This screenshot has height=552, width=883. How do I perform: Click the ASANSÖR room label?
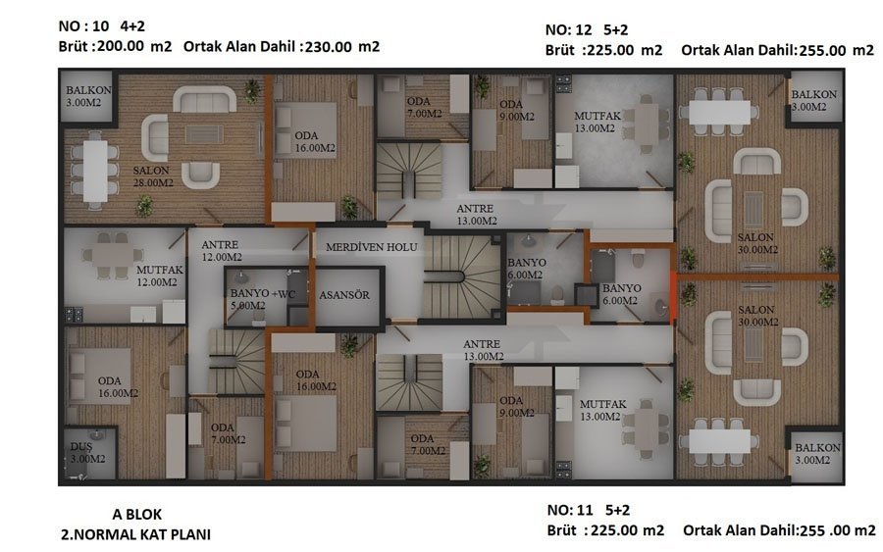(344, 295)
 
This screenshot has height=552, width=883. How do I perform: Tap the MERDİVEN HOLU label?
(372, 247)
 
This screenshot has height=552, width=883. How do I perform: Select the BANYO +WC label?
(263, 293)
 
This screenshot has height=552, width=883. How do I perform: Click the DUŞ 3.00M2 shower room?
(89, 453)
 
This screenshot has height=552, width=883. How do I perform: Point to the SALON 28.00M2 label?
(153, 176)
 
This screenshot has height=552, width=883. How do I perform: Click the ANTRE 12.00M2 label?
(222, 250)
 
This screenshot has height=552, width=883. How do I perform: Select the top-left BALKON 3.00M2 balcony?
(88, 96)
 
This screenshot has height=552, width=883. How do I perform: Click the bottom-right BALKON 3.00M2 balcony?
(816, 456)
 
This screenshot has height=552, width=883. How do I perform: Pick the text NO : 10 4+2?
(102, 25)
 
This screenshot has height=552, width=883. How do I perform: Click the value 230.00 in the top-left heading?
(329, 47)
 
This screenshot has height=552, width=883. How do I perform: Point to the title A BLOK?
(136, 515)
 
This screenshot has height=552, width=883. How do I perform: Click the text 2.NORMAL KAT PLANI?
(135, 534)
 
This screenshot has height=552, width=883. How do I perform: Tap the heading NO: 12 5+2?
(587, 29)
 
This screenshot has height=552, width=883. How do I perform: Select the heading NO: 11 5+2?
(588, 511)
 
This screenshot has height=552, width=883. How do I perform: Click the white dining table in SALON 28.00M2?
(95, 171)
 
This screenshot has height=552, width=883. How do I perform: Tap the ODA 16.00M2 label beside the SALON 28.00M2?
(315, 142)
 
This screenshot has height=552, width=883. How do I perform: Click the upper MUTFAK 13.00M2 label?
(597, 123)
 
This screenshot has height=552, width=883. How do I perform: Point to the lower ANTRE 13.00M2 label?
(483, 350)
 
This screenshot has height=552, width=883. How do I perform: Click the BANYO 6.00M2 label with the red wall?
(621, 294)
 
